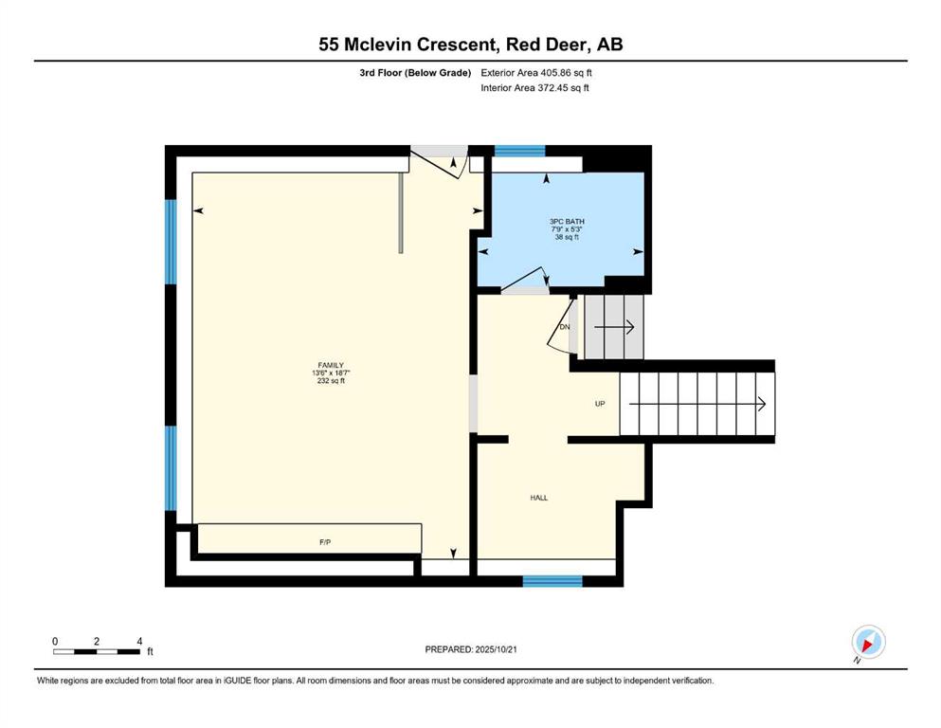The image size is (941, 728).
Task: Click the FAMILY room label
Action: tap(331, 365)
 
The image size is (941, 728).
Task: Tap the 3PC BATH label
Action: tap(567, 222)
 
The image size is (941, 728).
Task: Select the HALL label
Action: tap(539, 498)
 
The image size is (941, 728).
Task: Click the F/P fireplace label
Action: tap(325, 542)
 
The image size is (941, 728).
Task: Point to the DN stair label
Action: tap(564, 327)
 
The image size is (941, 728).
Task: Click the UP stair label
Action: tap(600, 404)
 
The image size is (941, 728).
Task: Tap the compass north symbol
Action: tap(868, 643)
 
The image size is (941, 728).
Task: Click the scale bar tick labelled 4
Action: tap(140, 642)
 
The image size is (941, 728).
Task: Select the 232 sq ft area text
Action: tap(331, 380)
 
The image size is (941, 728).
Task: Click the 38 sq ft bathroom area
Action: tap(567, 237)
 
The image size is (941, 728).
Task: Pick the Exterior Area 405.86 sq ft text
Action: tap(536, 73)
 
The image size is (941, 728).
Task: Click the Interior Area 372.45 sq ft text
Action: tap(534, 87)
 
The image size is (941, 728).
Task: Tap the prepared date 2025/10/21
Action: tap(496, 649)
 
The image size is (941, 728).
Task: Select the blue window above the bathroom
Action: tap(519, 151)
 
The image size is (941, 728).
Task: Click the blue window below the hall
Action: tap(552, 581)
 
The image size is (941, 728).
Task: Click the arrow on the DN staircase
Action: tap(614, 327)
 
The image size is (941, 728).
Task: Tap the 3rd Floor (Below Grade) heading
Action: tap(415, 73)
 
